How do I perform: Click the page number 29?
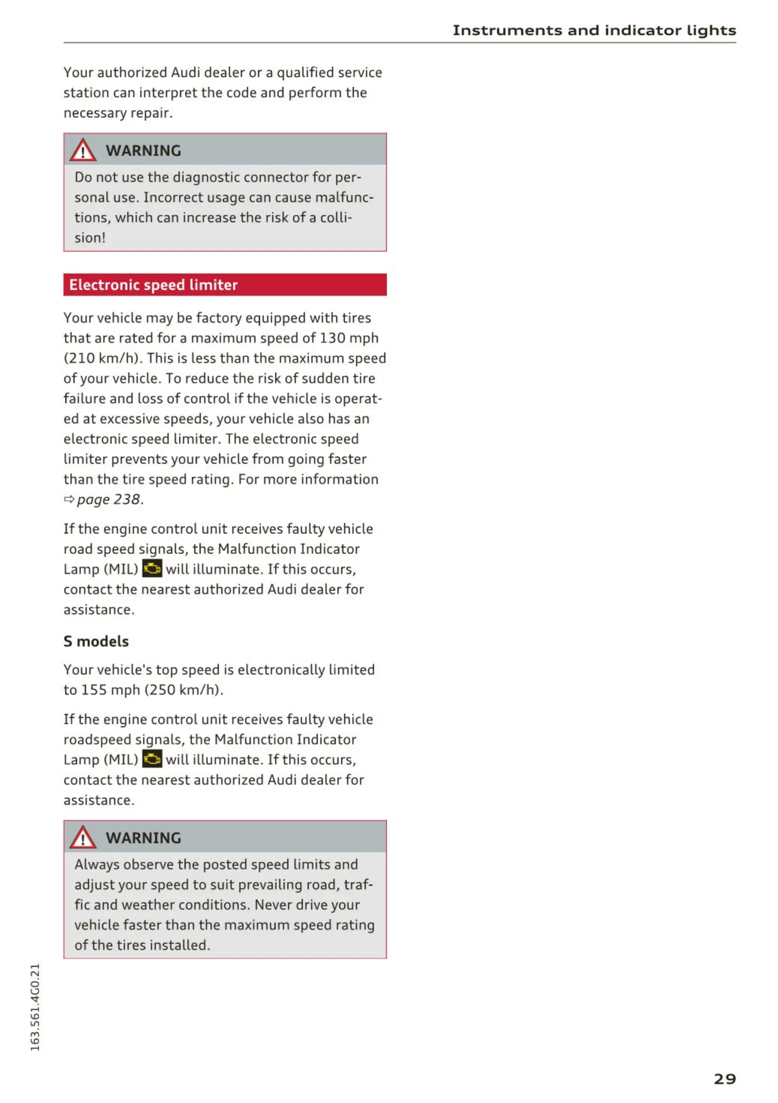coord(724,1079)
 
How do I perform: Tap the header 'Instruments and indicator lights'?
coord(594,30)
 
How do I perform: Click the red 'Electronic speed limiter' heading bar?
coord(225,285)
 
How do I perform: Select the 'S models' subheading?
coord(96,641)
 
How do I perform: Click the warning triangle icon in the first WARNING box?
coord(82,150)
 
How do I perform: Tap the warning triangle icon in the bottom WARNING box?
coord(82,838)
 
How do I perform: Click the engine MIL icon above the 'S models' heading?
coord(152,568)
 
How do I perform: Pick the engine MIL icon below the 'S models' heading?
coord(152,759)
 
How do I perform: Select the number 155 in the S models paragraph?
coord(94,690)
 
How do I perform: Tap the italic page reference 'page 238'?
coord(108,499)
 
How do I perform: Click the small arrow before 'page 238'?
coord(69,499)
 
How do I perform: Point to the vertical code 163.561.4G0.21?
coord(34,1007)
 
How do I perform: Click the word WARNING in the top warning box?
coord(143,150)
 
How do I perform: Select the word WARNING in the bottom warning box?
coord(143,838)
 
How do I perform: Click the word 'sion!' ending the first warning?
coord(90,238)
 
